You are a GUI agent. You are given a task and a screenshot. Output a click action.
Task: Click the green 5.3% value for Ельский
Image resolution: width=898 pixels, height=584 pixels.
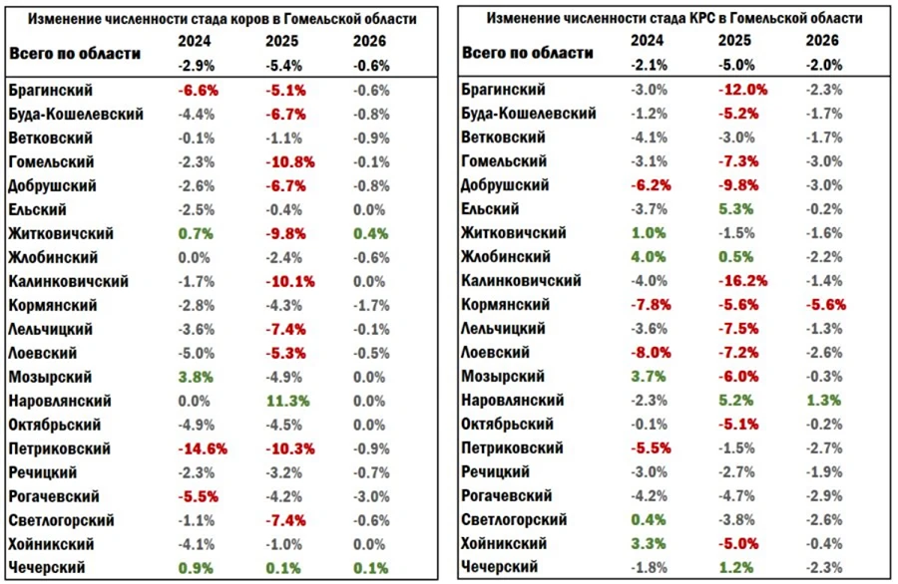[x=737, y=208]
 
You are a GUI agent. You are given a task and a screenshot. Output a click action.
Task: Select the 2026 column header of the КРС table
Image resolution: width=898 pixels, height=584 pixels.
[x=823, y=41]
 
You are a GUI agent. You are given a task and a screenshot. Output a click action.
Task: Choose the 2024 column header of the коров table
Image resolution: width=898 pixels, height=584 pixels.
[x=196, y=41]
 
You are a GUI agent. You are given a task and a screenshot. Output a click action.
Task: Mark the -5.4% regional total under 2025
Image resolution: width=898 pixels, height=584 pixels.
[x=282, y=65]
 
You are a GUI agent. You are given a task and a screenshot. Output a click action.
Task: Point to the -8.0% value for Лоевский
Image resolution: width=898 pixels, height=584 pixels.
[x=651, y=352]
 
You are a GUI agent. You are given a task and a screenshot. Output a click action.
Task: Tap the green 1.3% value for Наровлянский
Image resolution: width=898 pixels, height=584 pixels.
[x=823, y=400]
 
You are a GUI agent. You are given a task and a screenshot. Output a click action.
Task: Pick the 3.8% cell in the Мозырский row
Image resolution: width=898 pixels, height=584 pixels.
[x=196, y=377]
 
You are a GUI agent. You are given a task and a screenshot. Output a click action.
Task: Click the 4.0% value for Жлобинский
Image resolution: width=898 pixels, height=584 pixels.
[x=651, y=256]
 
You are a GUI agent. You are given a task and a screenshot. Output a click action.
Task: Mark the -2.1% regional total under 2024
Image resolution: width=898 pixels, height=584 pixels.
[x=651, y=65]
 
